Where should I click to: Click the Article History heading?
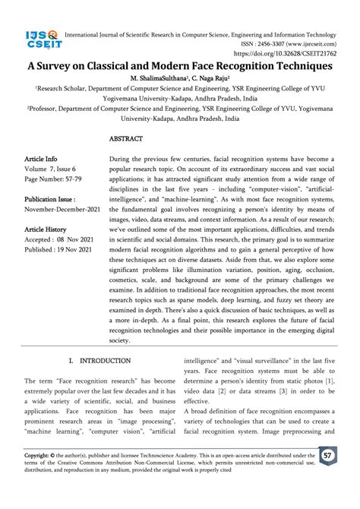(x=52, y=237)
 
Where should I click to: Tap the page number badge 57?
(x=328, y=456)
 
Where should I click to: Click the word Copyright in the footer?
(x=40, y=456)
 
